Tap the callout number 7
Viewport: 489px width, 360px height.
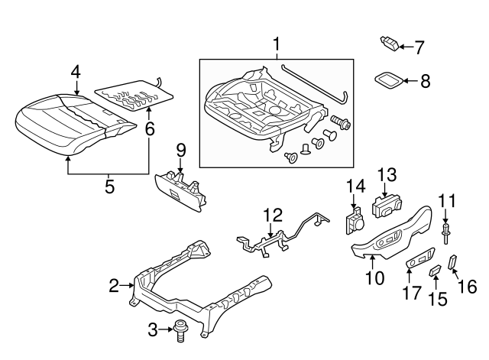(419, 47)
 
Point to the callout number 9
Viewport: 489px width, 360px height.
(180, 148)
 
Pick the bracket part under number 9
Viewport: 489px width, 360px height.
(182, 189)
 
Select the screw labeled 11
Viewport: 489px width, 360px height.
(445, 230)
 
